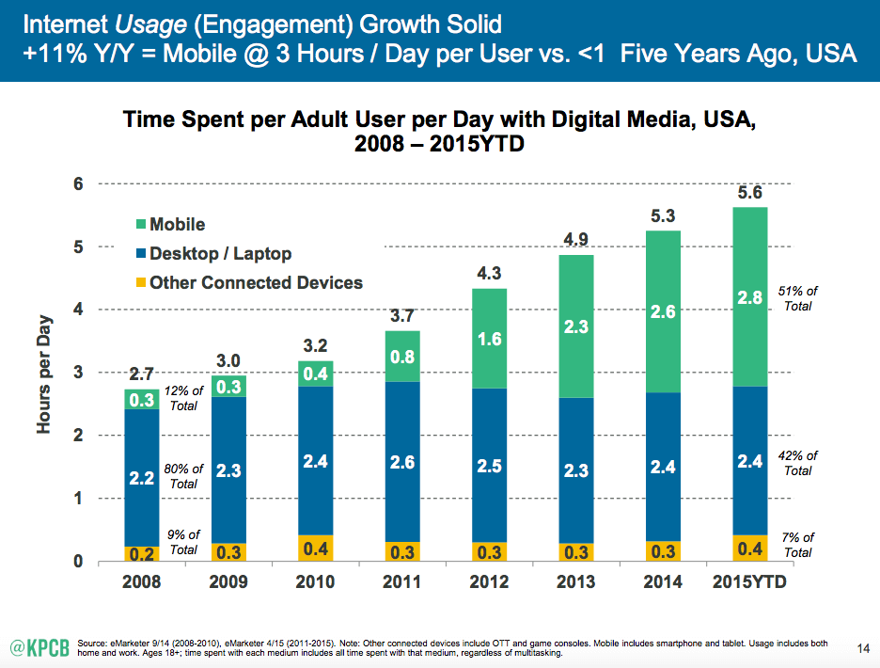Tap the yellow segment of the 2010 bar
315,548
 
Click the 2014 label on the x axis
662,582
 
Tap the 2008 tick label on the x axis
142,582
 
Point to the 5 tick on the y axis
80,247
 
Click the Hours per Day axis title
44,373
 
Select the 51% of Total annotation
797,298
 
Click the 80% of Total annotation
183,476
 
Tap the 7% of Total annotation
797,546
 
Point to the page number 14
864,647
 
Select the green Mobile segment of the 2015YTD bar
749,296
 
